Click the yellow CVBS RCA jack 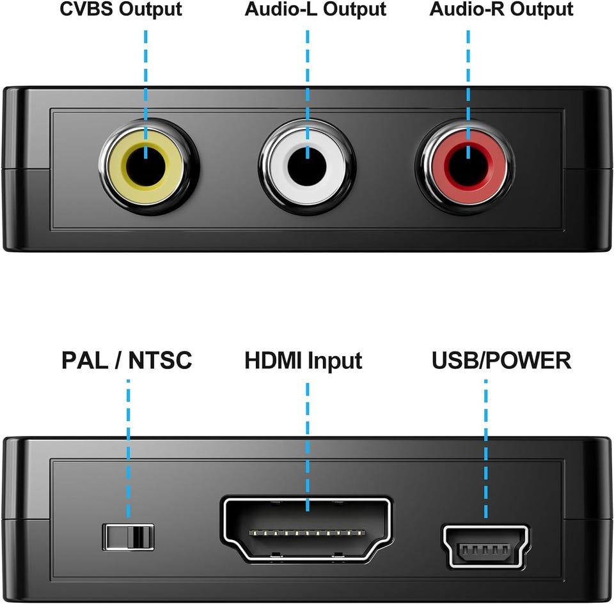pyautogui.click(x=146, y=167)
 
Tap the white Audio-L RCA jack pyautogui.click(x=307, y=167)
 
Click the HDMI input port pyautogui.click(x=307, y=530)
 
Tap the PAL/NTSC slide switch pyautogui.click(x=128, y=537)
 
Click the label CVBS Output pyautogui.click(x=121, y=10)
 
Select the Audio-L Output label pyautogui.click(x=315, y=10)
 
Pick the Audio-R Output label pyautogui.click(x=501, y=10)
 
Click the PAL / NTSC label pyautogui.click(x=127, y=360)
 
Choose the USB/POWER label pyautogui.click(x=501, y=360)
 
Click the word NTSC pyautogui.click(x=160, y=360)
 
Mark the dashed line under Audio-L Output pyautogui.click(x=308, y=95)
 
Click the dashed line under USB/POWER pyautogui.click(x=486, y=449)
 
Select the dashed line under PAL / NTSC pyautogui.click(x=129, y=449)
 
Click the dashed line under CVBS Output pyautogui.click(x=146, y=95)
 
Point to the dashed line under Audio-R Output pyautogui.click(x=468, y=95)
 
